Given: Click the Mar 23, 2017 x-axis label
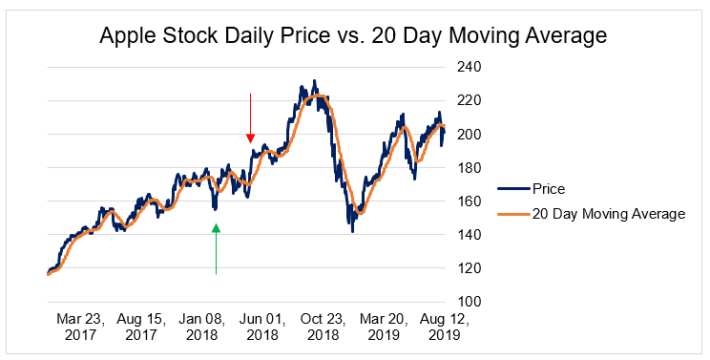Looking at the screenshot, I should pyautogui.click(x=78, y=328).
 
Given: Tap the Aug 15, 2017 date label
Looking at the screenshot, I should pyautogui.click(x=141, y=328).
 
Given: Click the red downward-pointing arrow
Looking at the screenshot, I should pyautogui.click(x=250, y=117).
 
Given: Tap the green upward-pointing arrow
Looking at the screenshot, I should pyautogui.click(x=217, y=248).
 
